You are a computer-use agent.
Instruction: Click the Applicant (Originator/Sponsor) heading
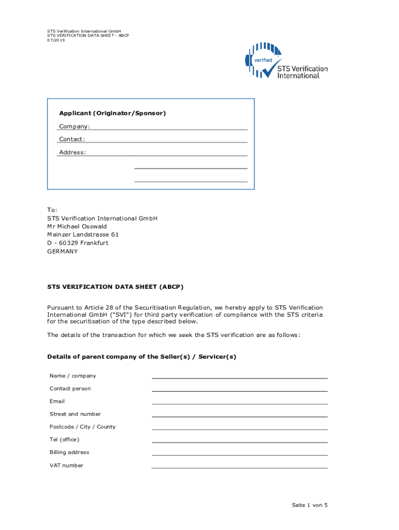pos(112,113)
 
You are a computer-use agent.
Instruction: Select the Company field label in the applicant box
pos(74,126)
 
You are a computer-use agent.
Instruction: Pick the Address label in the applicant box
pos(73,152)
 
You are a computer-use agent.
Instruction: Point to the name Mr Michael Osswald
pos(77,226)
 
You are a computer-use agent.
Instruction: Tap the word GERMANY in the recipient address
pos(62,251)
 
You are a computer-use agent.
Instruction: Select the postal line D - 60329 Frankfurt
pos(78,243)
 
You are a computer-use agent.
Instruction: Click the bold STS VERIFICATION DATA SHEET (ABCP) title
pos(115,286)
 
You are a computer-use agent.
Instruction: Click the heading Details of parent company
pos(141,357)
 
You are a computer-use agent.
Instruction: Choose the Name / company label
pos(73,376)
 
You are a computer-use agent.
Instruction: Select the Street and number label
pos(75,414)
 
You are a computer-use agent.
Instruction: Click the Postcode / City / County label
pos(82,427)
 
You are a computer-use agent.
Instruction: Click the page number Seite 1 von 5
pos(309,505)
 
